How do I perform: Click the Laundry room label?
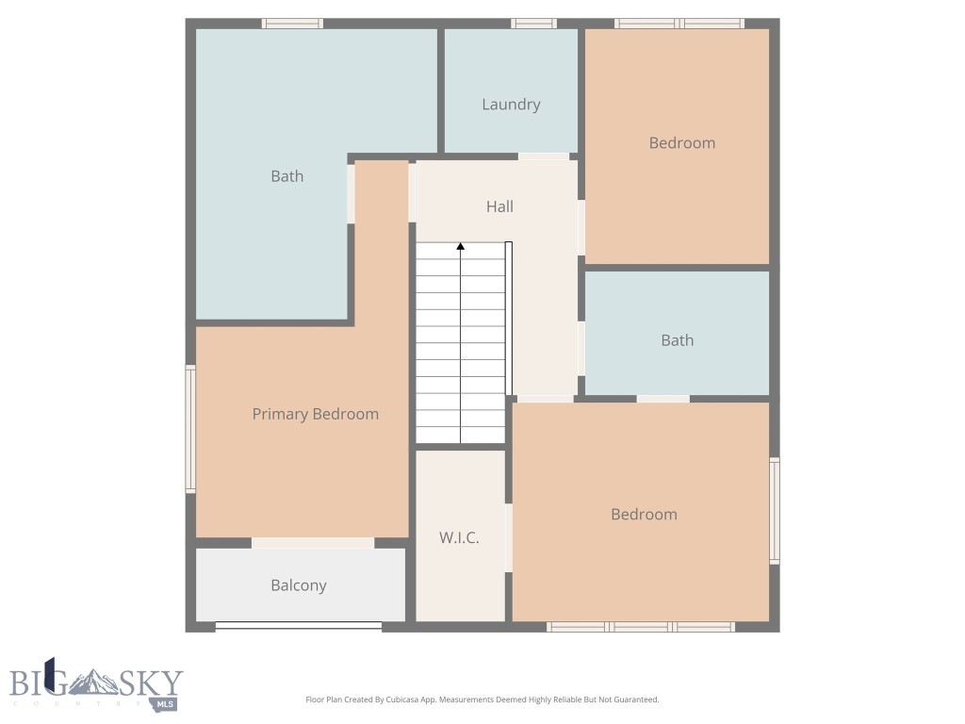pyautogui.click(x=511, y=105)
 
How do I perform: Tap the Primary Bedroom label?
pyautogui.click(x=315, y=414)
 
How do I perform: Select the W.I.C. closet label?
pyautogui.click(x=459, y=538)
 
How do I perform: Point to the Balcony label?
pyautogui.click(x=299, y=585)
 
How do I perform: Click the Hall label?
pyautogui.click(x=499, y=206)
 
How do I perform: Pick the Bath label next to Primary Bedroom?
pyautogui.click(x=287, y=176)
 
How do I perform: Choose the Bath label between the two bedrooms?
pyautogui.click(x=677, y=340)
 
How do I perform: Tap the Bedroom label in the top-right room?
pyautogui.click(x=681, y=143)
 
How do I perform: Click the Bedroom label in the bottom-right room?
pyautogui.click(x=644, y=515)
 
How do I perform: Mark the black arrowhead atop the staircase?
pyautogui.click(x=461, y=247)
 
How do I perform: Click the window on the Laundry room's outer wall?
pyautogui.click(x=533, y=24)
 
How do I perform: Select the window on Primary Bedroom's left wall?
pyautogui.click(x=190, y=429)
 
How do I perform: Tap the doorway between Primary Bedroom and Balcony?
pyautogui.click(x=313, y=543)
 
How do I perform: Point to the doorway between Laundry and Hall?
pyautogui.click(x=544, y=156)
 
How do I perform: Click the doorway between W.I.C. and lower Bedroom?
pyautogui.click(x=508, y=536)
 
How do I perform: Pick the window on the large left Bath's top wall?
pyautogui.click(x=292, y=24)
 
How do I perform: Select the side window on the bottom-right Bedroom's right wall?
pyautogui.click(x=775, y=511)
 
